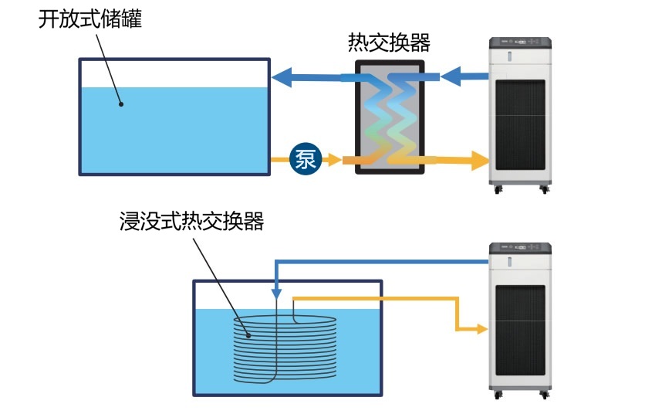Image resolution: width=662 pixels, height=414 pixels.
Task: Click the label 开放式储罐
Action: (x=90, y=19)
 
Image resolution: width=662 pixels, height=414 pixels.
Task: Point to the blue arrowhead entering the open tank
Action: (x=281, y=76)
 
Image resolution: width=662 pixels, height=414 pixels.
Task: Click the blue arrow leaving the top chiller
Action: (x=461, y=76)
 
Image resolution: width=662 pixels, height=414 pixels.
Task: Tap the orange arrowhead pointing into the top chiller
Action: (x=481, y=161)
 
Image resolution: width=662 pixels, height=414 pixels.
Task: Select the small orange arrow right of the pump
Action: (x=331, y=160)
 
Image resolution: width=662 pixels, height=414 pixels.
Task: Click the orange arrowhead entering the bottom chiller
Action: (x=482, y=329)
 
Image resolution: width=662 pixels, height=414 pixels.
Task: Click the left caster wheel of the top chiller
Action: (x=496, y=188)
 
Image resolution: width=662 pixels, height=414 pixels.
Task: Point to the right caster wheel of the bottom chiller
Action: (x=545, y=395)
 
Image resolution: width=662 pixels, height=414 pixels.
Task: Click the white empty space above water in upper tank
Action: (x=174, y=73)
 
